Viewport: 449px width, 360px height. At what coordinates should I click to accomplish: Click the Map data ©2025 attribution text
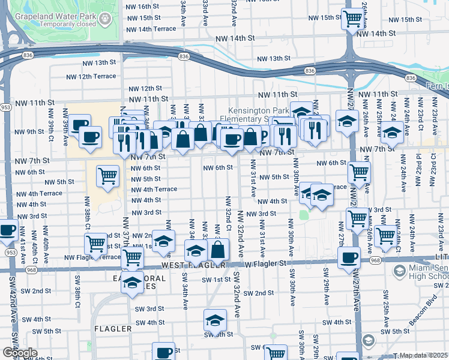coord(423,356)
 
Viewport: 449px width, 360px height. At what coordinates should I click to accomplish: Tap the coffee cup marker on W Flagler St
coord(349,257)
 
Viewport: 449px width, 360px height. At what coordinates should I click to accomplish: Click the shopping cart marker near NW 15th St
coord(352,19)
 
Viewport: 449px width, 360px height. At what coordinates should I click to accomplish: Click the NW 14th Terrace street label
coord(151,29)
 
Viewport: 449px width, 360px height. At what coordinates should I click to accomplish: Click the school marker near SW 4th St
coord(215,320)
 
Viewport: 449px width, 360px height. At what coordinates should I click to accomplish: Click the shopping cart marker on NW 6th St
coord(359,172)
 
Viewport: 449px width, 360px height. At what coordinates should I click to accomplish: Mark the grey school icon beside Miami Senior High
coord(399,272)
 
